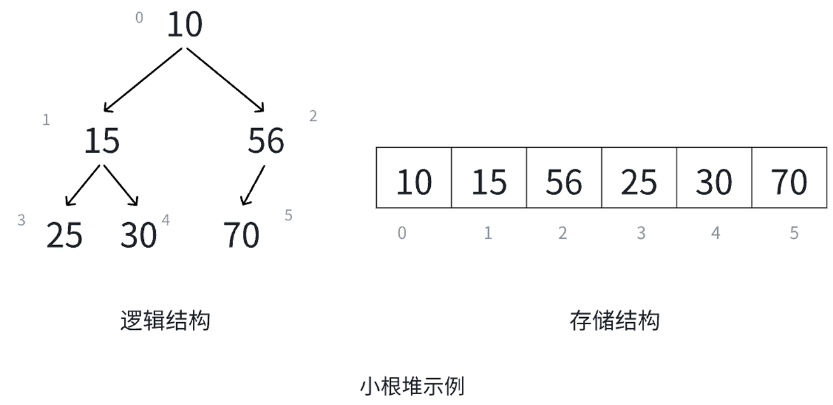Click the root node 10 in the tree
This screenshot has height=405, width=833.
pyautogui.click(x=185, y=25)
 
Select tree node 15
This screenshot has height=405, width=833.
pyautogui.click(x=102, y=141)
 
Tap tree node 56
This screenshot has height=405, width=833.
pyautogui.click(x=266, y=141)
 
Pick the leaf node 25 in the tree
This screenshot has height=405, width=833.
pyautogui.click(x=64, y=235)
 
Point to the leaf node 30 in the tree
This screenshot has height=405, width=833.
pyautogui.click(x=138, y=235)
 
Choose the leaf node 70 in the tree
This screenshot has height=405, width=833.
pyautogui.click(x=242, y=235)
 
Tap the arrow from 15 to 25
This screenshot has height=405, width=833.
pyautogui.click(x=83, y=185)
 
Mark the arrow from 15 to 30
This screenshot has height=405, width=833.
pyautogui.click(x=121, y=185)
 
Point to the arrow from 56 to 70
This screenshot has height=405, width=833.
pyautogui.click(x=253, y=185)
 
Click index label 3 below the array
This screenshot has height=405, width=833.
pyautogui.click(x=641, y=233)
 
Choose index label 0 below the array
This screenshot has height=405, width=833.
pyautogui.click(x=402, y=233)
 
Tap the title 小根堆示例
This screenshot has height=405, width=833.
pyautogui.click(x=412, y=386)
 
